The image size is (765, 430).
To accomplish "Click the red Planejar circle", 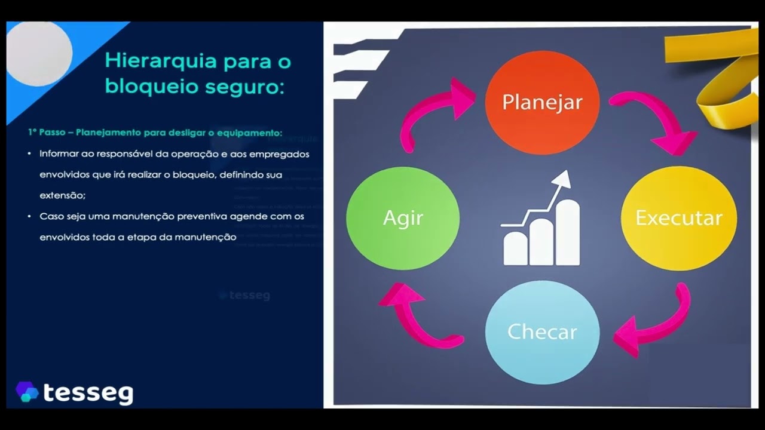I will [542, 102].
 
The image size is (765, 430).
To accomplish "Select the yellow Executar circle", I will [678, 218].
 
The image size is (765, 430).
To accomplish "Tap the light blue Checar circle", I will [542, 332].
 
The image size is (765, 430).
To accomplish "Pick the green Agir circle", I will [403, 218].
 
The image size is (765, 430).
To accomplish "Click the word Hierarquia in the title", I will [155, 61].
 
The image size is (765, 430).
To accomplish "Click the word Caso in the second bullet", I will [51, 216].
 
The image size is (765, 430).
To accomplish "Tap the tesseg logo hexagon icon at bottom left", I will [27, 392].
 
